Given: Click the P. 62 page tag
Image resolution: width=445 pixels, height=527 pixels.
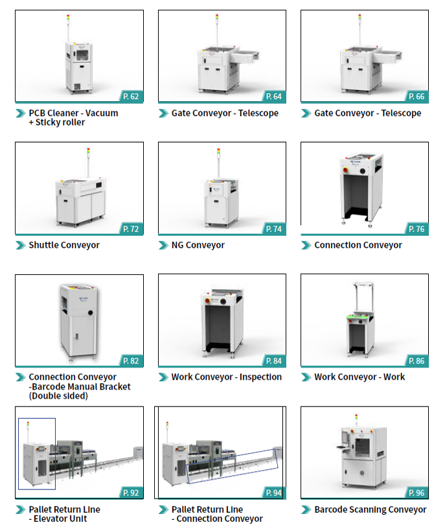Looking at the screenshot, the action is pos(131,97).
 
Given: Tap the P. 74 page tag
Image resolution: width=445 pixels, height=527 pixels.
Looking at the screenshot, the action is pos(274,229).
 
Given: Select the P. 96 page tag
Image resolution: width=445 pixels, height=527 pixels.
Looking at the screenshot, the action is pos(416,493).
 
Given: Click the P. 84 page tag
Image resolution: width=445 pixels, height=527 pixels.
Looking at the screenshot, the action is pos(274,361).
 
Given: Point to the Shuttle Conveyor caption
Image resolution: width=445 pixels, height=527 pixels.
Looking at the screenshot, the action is pos(64,245).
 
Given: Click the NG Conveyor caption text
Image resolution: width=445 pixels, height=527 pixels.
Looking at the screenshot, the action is pos(198,245).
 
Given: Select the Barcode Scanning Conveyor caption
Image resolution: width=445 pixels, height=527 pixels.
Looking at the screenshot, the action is pos(371,509).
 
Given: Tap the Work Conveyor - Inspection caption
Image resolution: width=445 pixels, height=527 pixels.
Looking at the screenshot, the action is pos(227,377).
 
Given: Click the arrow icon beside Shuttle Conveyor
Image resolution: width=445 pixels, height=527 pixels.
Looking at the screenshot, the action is pos(21,246).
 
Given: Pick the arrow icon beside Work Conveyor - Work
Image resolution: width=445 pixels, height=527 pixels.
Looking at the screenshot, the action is pos(306,377).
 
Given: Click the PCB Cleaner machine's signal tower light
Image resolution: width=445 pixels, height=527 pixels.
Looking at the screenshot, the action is pos(68,18).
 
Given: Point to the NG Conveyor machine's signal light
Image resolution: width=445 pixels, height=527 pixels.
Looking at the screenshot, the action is pos(218,151).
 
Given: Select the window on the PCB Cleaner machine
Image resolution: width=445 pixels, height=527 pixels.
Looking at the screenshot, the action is pos(82,54).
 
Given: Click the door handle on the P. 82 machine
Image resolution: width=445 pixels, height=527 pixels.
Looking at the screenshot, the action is pos(77,336).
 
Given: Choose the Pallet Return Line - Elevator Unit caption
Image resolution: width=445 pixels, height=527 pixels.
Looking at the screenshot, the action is pos(65,514).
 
